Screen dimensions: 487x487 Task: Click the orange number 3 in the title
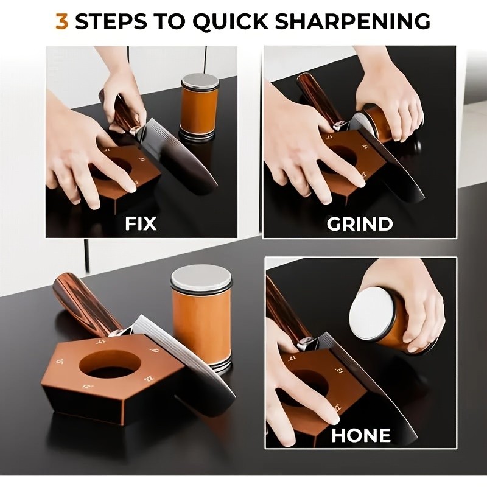pyautogui.click(x=61, y=21)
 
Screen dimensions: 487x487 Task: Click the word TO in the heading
pyautogui.click(x=167, y=21)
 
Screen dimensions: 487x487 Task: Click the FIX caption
pyautogui.click(x=141, y=223)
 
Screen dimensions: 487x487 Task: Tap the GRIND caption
pyautogui.click(x=360, y=223)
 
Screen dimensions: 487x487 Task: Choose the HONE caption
pyautogui.click(x=361, y=435)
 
